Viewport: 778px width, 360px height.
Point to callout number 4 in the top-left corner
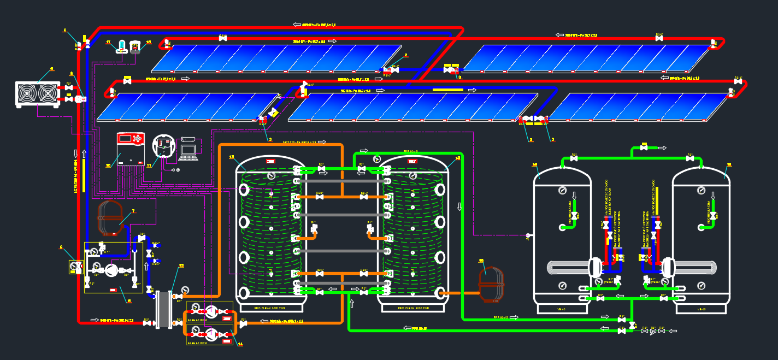pos(64,30)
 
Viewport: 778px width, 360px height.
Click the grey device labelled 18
pos(135,48)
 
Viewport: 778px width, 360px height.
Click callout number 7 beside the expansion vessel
pos(132,210)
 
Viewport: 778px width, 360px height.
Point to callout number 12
pos(181,266)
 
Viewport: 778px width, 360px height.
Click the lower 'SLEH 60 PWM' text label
pos(197,343)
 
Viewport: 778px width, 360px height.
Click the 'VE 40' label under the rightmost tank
pos(702,309)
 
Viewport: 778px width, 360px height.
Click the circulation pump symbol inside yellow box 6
pos(111,269)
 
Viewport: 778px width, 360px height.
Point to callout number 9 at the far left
pos(61,247)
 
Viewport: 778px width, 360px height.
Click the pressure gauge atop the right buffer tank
pos(377,159)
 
